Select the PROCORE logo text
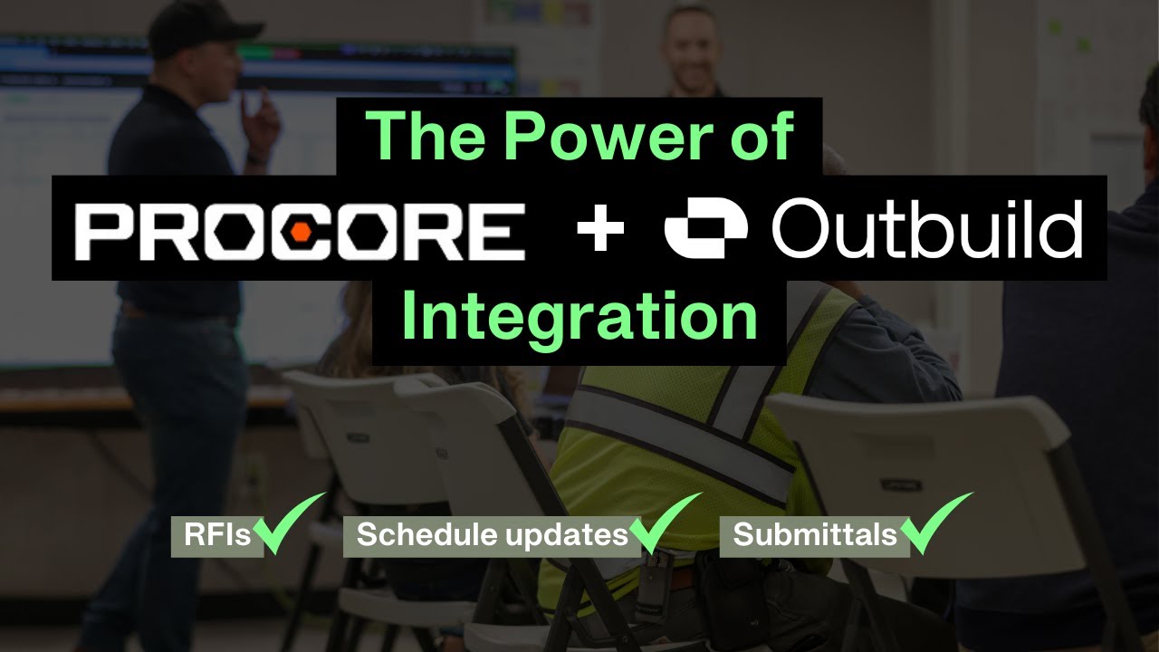pos(300,230)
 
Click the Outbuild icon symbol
pos(706,230)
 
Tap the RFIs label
pos(216,535)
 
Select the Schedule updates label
pos(492,535)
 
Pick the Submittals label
pos(814,535)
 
